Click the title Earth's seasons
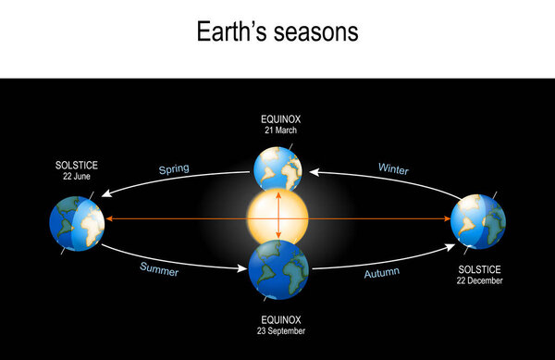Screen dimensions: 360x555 [x=277, y=32]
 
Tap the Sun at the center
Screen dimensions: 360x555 [x=277, y=218]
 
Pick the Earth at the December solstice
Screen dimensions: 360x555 [x=478, y=221]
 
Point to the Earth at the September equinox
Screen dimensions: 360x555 [x=278, y=269]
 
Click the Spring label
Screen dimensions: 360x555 [x=174, y=168]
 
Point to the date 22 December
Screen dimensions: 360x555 [x=479, y=280]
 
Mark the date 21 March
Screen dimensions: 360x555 [x=278, y=130]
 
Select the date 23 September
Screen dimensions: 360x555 [x=278, y=329]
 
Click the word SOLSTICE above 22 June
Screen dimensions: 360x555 [x=76, y=166]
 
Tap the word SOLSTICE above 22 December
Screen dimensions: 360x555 [x=479, y=269]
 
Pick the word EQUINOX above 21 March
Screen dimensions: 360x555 [x=278, y=119]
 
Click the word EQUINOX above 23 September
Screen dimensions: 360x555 [x=278, y=318]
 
